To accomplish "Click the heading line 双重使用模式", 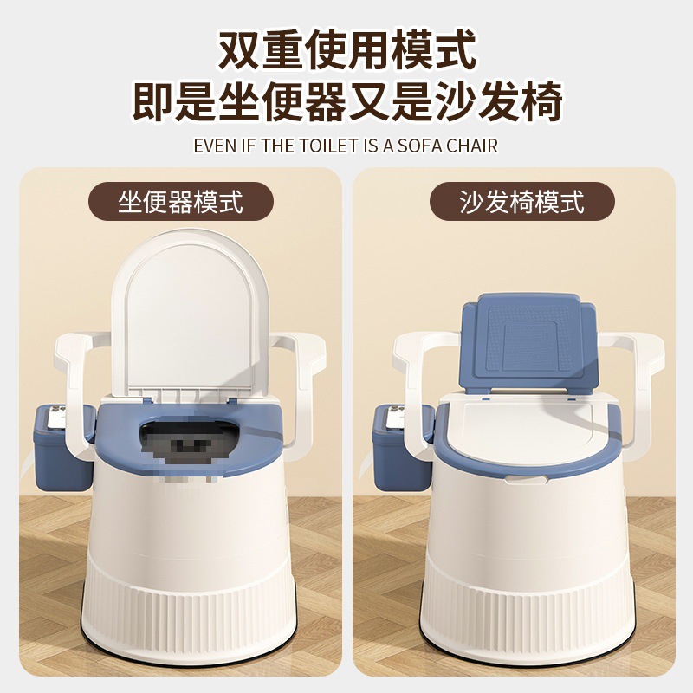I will [346, 51].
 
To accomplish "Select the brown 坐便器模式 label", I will [181, 203].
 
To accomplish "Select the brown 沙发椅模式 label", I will [522, 203].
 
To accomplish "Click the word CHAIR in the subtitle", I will [471, 145].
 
